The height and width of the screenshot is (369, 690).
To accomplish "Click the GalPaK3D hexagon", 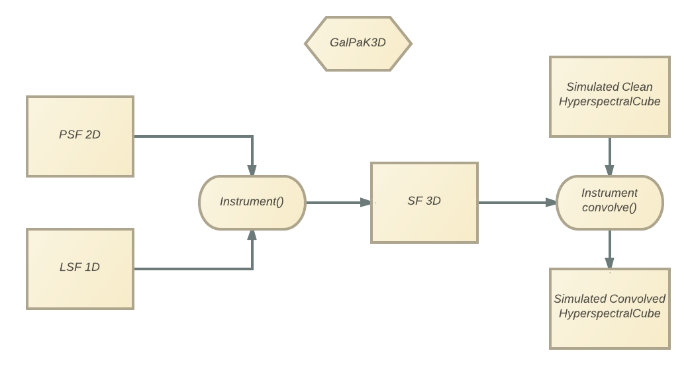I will (x=358, y=43).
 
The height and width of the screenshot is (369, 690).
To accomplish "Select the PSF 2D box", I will (x=79, y=136).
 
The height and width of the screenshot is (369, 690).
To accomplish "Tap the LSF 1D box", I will (x=79, y=268).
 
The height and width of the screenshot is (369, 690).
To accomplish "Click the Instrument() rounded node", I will (x=252, y=202).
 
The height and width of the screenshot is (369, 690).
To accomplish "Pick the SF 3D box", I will (x=424, y=202).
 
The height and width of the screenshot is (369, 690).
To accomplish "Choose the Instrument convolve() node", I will (x=609, y=202).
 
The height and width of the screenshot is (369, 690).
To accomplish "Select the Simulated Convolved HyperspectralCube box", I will (x=609, y=307).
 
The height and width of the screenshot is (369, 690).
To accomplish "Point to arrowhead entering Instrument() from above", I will (x=252, y=170).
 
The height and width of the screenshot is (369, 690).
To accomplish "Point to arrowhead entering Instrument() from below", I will (x=252, y=235).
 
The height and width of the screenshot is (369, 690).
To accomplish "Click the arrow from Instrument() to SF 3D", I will (x=338, y=202).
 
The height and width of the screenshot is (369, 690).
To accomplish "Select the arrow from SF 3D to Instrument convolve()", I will (x=517, y=202).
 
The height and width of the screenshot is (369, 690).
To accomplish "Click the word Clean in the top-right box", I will (x=637, y=87).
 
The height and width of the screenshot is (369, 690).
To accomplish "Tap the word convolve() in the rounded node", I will (x=609, y=208).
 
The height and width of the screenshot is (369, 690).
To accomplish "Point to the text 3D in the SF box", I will (x=432, y=201).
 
